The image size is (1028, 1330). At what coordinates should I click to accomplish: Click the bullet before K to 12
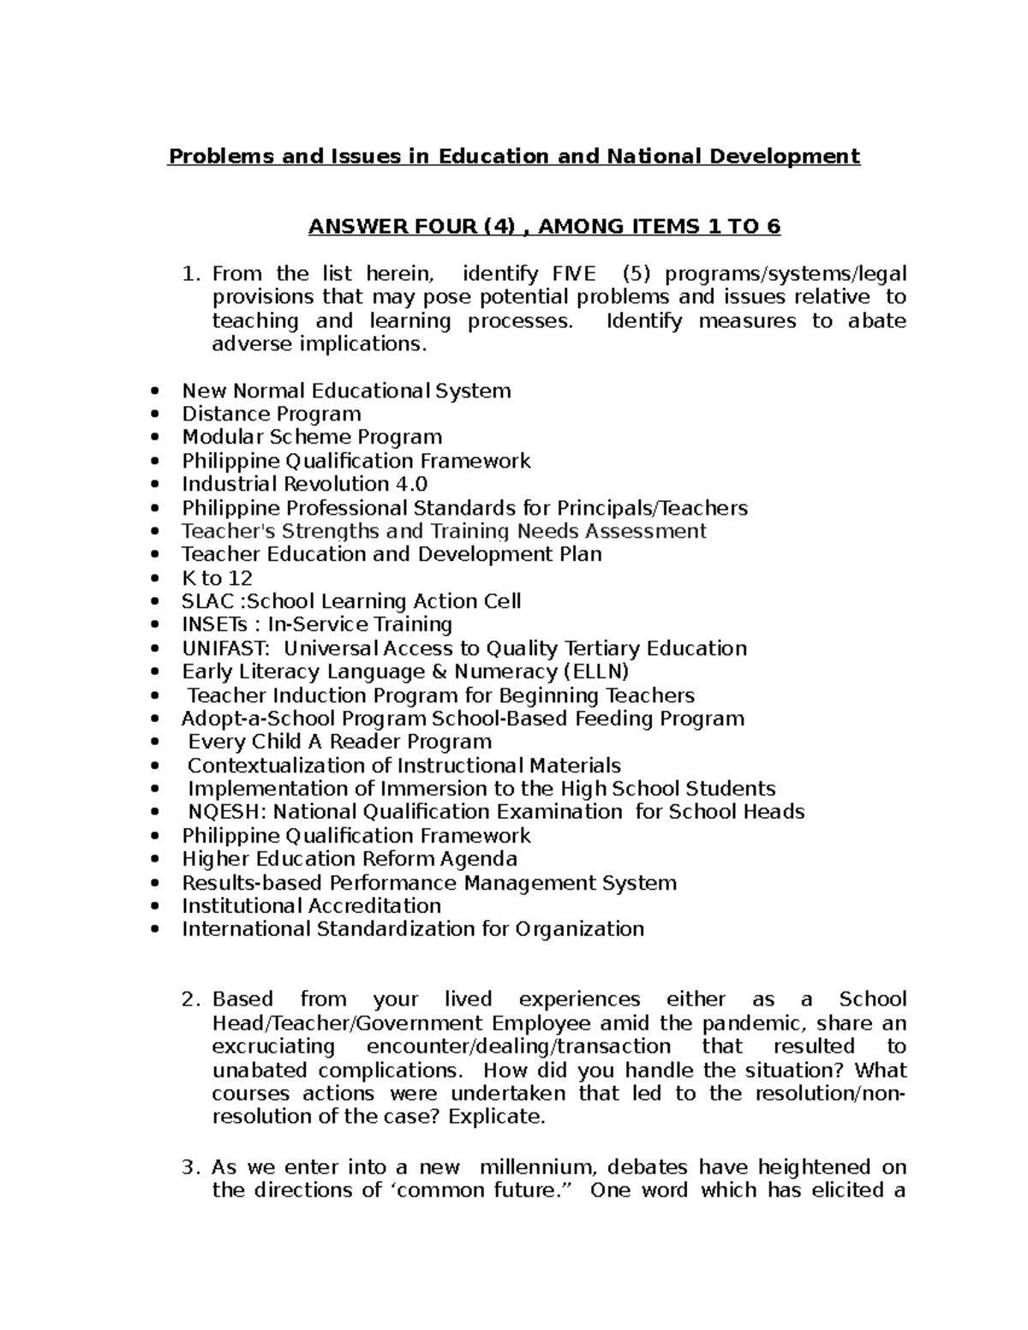pyautogui.click(x=154, y=579)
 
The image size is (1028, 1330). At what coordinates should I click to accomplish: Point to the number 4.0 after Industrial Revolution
pyautogui.click(x=410, y=484)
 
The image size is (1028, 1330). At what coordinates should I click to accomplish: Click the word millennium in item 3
pyautogui.click(x=536, y=1167)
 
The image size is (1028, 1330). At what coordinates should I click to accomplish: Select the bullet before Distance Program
pyautogui.click(x=154, y=415)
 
